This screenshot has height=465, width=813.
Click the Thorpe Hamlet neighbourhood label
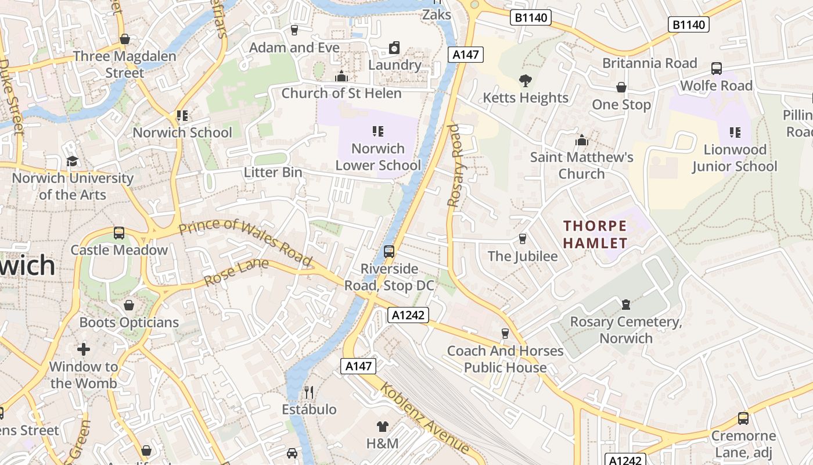click(x=595, y=234)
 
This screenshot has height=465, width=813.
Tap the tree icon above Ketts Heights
click(x=526, y=81)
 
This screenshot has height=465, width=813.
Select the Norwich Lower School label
click(x=378, y=157)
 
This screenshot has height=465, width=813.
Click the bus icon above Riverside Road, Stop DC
click(x=389, y=252)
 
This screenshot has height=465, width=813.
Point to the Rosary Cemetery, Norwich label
click(x=626, y=330)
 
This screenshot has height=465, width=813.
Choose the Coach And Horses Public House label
click(x=505, y=359)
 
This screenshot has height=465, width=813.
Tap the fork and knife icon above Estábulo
click(x=309, y=392)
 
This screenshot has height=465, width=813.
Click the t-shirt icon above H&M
click(x=382, y=427)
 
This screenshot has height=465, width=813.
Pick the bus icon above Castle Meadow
click(x=119, y=233)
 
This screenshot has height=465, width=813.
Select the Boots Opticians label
click(x=129, y=322)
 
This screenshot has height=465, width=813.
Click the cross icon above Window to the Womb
click(x=84, y=349)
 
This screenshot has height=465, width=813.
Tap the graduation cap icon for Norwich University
click(x=72, y=161)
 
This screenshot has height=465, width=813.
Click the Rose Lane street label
click(x=236, y=273)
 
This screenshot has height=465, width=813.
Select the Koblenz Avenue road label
click(x=425, y=417)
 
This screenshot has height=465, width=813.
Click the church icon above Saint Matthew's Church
click(x=581, y=140)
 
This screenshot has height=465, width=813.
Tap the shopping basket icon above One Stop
click(x=621, y=88)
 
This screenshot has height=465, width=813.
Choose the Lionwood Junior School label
click(x=734, y=158)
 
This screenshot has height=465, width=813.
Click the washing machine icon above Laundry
click(x=394, y=47)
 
